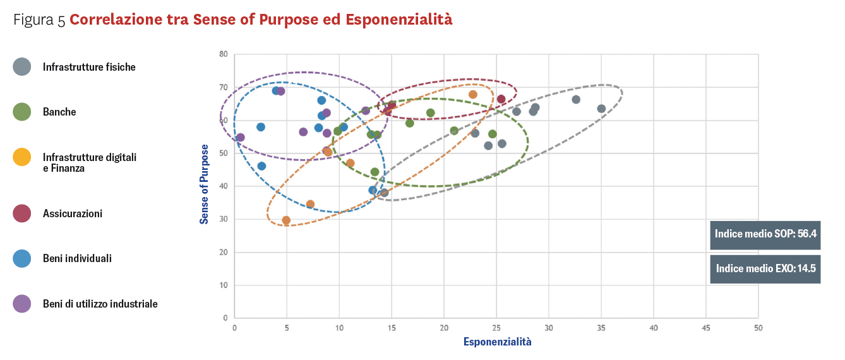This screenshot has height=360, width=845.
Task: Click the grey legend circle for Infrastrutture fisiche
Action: tap(22, 67)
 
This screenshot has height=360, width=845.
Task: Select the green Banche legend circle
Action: tap(22, 112)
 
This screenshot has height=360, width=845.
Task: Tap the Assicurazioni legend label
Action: tap(72, 213)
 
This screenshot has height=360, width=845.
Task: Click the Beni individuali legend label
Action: tap(77, 258)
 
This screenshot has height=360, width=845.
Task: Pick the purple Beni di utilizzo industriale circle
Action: tap(22, 304)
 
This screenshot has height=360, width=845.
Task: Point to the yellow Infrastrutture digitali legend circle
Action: tap(22, 157)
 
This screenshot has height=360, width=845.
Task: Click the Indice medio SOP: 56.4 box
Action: tap(765, 234)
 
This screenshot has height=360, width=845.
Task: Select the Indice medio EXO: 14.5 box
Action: tap(765, 268)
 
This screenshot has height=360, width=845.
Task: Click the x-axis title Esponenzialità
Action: tap(497, 342)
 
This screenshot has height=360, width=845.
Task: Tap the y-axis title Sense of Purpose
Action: tap(204, 184)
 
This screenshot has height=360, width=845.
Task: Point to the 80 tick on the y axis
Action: tap(223, 54)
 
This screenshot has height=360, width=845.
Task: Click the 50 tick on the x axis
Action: tap(758, 328)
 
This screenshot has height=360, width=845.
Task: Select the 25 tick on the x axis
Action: tap(496, 328)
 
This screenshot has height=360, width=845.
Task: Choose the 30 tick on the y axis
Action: tap(223, 219)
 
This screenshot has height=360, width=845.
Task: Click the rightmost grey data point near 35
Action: tap(601, 109)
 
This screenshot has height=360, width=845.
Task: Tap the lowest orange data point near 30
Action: tap(286, 220)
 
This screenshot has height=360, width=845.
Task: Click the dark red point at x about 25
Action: tap(501, 99)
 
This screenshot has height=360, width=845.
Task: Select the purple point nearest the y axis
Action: tap(241, 138)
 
